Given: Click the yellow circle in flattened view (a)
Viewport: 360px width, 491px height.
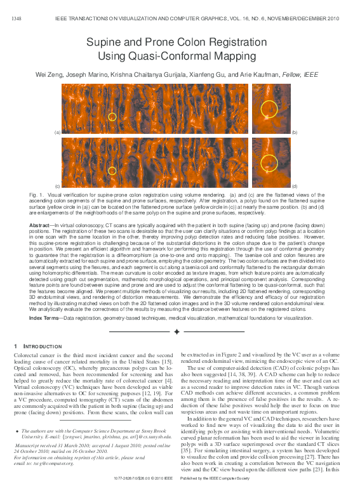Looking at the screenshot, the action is point(112,117).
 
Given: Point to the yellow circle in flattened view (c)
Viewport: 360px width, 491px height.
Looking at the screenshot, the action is point(112,171).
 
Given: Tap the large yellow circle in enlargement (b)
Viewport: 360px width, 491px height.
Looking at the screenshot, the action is point(269,109).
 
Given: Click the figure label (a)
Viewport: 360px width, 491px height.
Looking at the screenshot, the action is point(57,132).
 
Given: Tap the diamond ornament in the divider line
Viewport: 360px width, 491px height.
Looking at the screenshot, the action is point(177,331).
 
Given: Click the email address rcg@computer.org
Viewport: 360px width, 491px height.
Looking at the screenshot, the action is point(51,464).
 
